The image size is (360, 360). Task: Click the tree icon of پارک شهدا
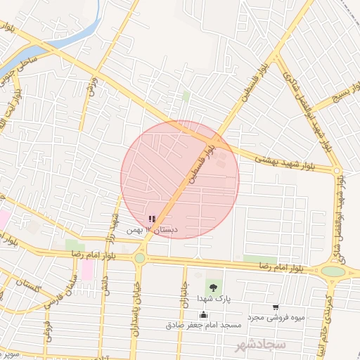(212, 287)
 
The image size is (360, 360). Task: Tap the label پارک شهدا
(213, 299)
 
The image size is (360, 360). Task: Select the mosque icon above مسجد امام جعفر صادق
(204, 314)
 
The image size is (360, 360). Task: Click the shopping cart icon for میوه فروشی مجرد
(275, 307)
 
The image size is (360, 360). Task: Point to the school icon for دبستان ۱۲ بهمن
(152, 219)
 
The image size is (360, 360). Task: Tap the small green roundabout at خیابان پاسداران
(140, 258)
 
